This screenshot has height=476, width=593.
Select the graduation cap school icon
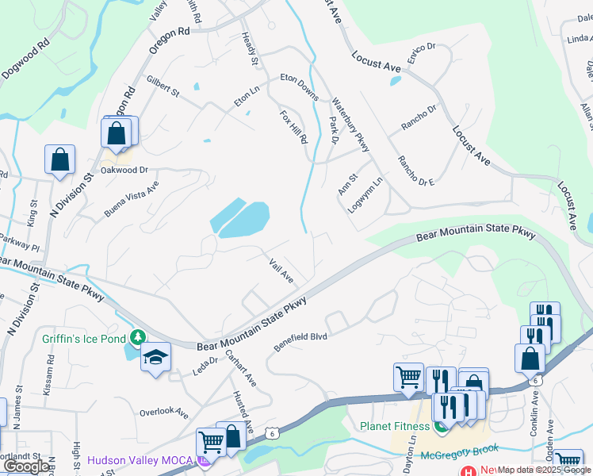click(156, 358)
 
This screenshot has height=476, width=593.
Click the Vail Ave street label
click(281, 271)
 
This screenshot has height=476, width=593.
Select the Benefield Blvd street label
click(301, 342)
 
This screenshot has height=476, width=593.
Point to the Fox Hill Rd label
click(293, 127)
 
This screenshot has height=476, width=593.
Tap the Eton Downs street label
click(300, 87)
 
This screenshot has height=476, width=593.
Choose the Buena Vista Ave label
click(132, 199)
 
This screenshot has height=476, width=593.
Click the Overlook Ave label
click(164, 413)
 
